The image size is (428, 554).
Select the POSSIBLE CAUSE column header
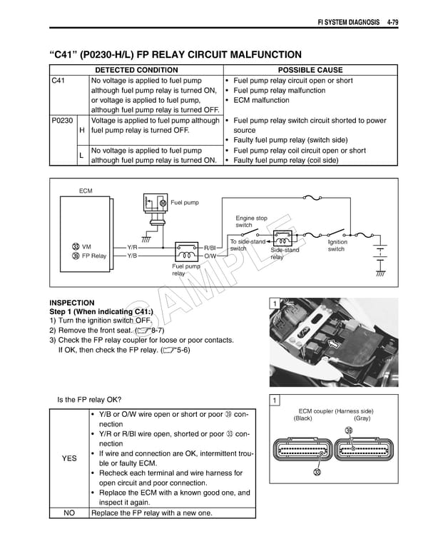pyautogui.click(x=310, y=70)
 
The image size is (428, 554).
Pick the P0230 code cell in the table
pyautogui.click(x=62, y=121)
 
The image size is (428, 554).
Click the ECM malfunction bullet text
pyautogui.click(x=260, y=101)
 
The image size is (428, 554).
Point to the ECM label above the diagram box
pyautogui.click(x=86, y=191)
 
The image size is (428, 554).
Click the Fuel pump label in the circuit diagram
pyautogui.click(x=185, y=203)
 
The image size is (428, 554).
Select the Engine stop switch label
pyautogui.click(x=251, y=221)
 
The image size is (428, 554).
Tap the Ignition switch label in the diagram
pyautogui.click(x=336, y=246)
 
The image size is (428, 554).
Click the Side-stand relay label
pyautogui.click(x=285, y=253)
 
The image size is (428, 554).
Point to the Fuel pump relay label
pyautogui.click(x=185, y=269)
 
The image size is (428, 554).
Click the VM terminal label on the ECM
pyautogui.click(x=86, y=247)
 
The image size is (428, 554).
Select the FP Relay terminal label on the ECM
pyautogui.click(x=93, y=256)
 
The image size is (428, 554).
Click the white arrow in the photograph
pyautogui.click(x=332, y=346)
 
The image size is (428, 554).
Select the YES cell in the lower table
pyautogui.click(x=69, y=458)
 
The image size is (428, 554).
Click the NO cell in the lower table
pyautogui.click(x=69, y=513)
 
